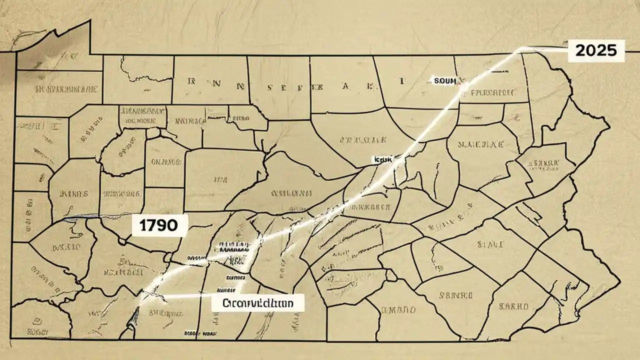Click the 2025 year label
coord(596,50)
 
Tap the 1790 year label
coord(159,225)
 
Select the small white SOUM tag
coord(445,80)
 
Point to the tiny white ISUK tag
coord(382,159)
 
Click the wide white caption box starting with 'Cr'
coord(257,302)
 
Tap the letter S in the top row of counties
coord(270,86)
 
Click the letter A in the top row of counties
coord(345,86)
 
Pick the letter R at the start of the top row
coord(190,80)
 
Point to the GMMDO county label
coord(398,310)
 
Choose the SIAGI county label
coord(489,245)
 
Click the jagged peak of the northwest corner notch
coord(90,20)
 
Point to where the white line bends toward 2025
coord(520,49)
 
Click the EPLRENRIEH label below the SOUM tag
coord(493,92)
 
